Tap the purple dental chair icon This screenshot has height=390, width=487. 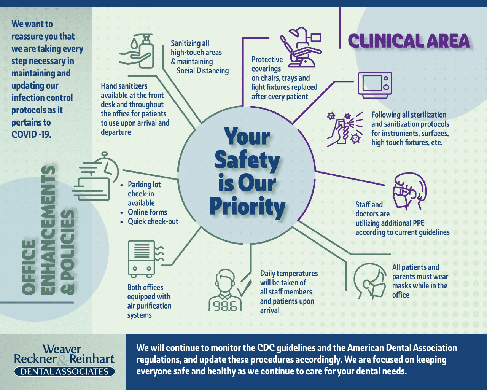(301, 47)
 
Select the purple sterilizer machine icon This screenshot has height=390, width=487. (375, 85)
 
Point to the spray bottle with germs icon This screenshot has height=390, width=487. (345, 129)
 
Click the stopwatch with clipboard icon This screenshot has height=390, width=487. (96, 177)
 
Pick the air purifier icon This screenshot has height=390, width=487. (145, 259)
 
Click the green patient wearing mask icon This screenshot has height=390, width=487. (370, 281)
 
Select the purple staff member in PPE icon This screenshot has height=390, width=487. (409, 191)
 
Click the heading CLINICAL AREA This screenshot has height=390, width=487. (409, 41)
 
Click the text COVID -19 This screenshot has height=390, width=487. (31, 134)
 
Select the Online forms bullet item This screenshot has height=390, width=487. (147, 212)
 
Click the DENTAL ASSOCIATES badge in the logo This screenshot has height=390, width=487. (65, 371)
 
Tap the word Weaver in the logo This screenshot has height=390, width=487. (62, 349)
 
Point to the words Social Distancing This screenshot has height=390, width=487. (202, 71)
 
